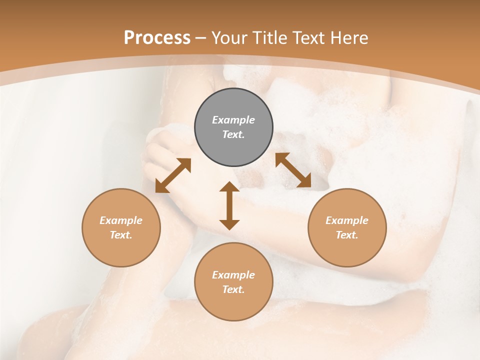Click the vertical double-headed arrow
pyautogui.click(x=229, y=205)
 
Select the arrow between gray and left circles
pyautogui.click(x=173, y=175)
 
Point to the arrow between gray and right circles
pyautogui.click(x=293, y=170)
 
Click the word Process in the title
pyautogui.click(x=157, y=37)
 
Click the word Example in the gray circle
pyautogui.click(x=233, y=120)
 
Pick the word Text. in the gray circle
pyautogui.click(x=233, y=134)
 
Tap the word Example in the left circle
pyautogui.click(x=121, y=220)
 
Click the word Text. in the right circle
pyautogui.click(x=347, y=235)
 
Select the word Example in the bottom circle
pyautogui.click(x=233, y=275)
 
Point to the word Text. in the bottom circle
pyautogui.click(x=233, y=289)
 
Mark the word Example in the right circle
pyautogui.click(x=347, y=220)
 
